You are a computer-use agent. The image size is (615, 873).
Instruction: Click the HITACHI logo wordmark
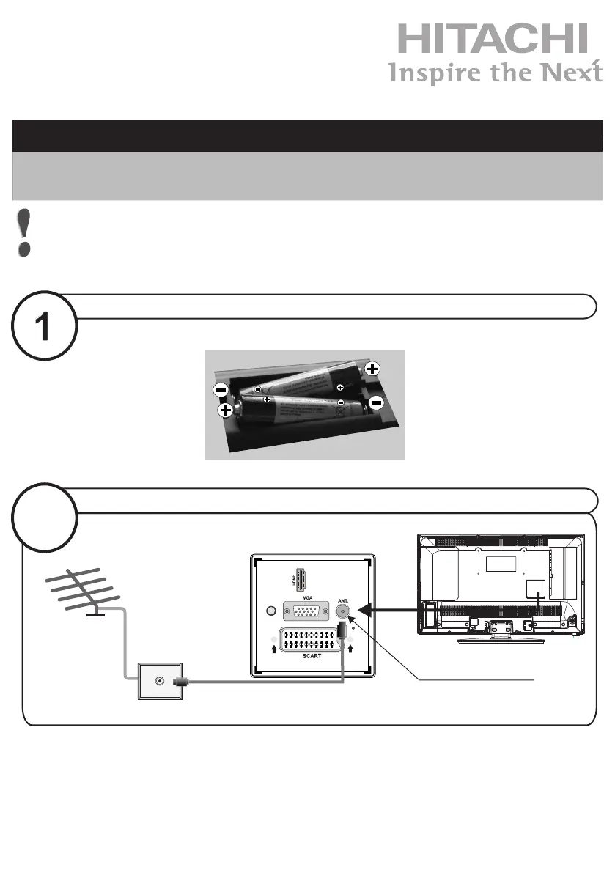point(493,38)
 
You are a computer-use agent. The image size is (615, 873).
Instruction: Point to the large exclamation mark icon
point(26,232)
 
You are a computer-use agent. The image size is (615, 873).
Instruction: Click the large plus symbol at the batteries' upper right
point(372,369)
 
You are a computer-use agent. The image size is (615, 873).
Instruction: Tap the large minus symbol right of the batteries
point(376,402)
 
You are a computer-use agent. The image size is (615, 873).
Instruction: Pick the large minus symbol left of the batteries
point(220,388)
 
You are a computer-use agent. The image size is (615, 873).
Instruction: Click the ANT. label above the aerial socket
point(342,599)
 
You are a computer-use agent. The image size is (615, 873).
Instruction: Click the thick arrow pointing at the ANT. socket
point(388,608)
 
